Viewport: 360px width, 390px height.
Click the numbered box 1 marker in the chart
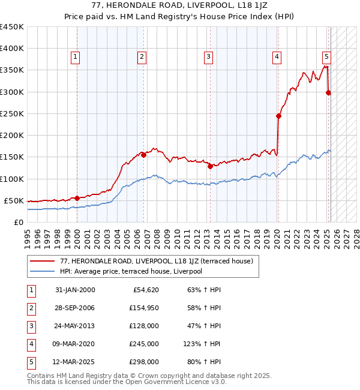76,58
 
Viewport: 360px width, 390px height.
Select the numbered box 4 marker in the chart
277,58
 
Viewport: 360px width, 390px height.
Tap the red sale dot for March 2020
278,116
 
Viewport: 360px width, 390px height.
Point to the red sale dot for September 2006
144,155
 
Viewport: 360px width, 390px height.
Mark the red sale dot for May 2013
211,167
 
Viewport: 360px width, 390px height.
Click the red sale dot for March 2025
328,92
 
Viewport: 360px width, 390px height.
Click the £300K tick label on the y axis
12,92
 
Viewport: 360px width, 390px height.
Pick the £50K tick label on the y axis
14,200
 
